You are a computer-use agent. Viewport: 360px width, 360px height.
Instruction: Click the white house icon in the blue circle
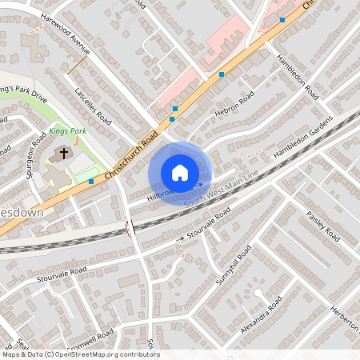tap(180, 173)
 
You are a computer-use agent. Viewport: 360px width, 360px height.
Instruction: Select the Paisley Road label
tap(322, 227)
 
